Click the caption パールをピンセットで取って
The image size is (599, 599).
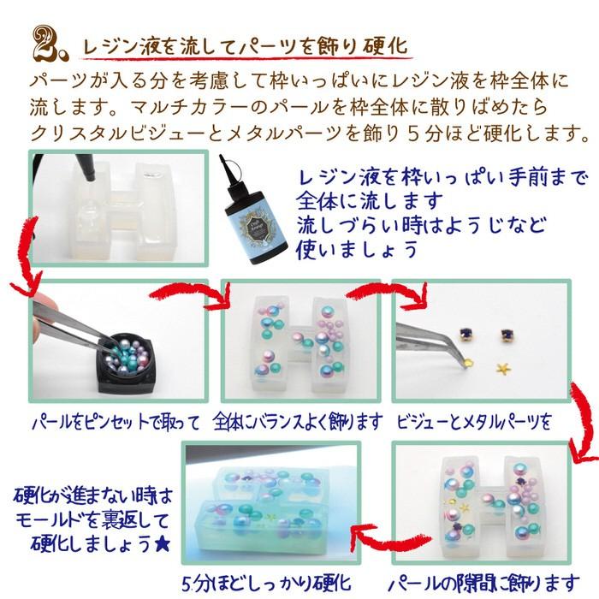(x=115, y=422)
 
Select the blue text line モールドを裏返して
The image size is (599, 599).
(x=92, y=520)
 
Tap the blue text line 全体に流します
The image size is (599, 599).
(x=370, y=203)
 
